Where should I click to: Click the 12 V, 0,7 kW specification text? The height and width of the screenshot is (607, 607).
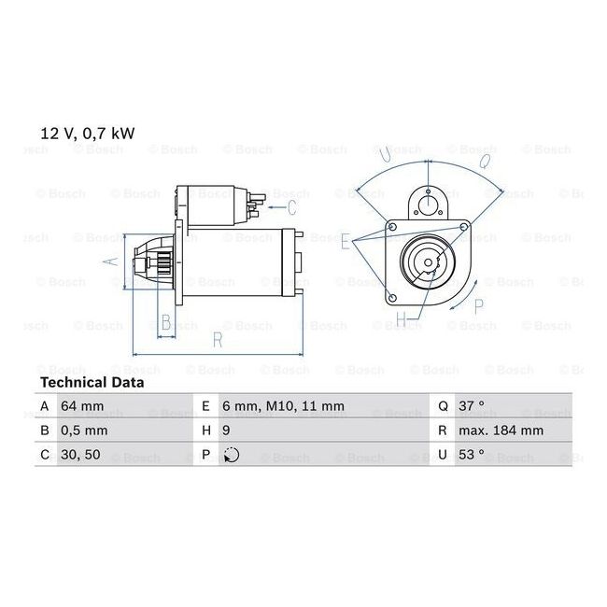88,134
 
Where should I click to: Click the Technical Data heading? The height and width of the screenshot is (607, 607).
92,383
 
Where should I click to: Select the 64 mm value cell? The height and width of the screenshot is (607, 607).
82,406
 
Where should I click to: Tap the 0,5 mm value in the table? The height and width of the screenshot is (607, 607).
84,431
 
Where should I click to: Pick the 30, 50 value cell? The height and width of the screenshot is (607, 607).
80,455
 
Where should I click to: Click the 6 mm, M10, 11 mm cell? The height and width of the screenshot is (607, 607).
283,406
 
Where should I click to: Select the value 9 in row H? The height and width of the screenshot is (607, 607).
227,431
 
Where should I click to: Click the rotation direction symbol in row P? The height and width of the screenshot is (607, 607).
232,455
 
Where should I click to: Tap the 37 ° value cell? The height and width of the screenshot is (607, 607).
472,405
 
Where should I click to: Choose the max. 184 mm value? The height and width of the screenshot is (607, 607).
501,431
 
